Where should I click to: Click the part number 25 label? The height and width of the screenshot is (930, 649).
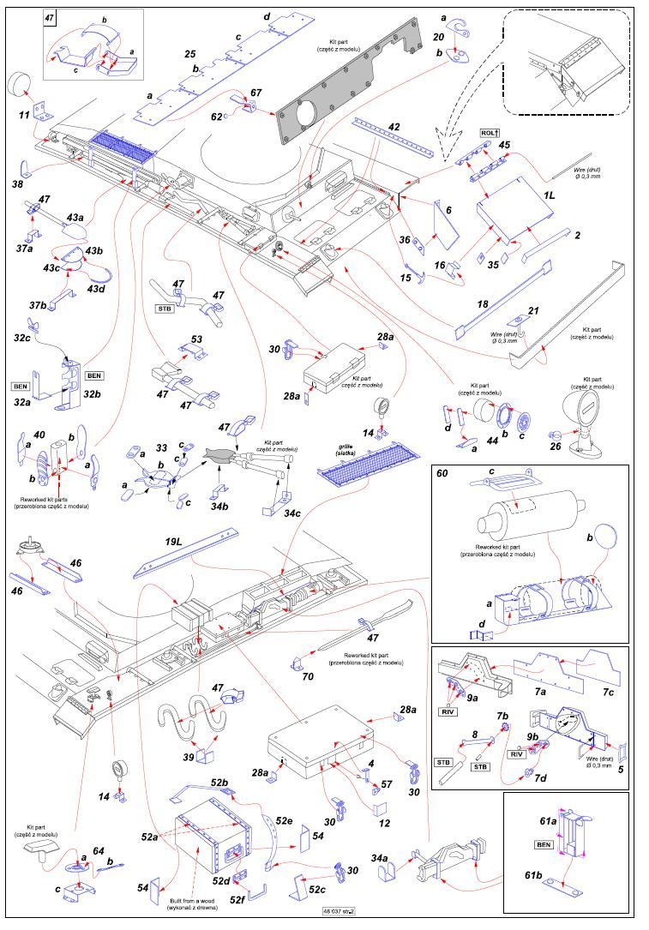(190, 54)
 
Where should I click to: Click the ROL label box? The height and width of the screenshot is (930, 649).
(490, 133)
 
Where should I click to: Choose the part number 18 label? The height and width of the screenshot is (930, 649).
(483, 304)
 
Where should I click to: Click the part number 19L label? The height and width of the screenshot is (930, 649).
(175, 543)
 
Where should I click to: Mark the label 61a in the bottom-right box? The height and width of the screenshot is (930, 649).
(550, 820)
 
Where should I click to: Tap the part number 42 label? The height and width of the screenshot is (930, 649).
(394, 127)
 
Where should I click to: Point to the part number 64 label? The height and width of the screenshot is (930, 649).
(99, 851)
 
